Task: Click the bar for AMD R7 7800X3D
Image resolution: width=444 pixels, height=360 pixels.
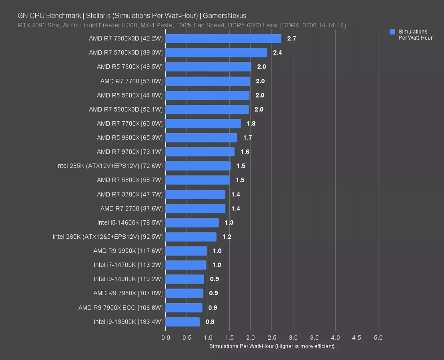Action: click(x=223, y=38)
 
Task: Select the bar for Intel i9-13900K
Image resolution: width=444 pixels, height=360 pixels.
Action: click(x=182, y=322)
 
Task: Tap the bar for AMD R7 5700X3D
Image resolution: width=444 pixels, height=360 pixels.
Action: click(x=216, y=53)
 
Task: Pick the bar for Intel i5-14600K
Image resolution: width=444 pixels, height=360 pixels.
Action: click(x=192, y=222)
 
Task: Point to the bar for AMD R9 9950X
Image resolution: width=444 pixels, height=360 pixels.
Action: click(x=186, y=251)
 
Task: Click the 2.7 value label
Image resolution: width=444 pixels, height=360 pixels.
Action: click(x=291, y=39)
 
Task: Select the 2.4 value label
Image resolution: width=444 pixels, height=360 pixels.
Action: click(x=277, y=53)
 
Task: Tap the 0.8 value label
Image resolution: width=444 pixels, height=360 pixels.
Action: click(x=210, y=322)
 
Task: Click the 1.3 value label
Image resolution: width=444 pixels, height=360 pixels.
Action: click(x=229, y=223)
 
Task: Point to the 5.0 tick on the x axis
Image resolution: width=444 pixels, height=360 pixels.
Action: click(x=378, y=338)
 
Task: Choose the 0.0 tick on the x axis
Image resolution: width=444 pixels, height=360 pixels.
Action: click(x=165, y=338)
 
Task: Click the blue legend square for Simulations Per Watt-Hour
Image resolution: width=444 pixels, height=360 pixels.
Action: click(x=392, y=32)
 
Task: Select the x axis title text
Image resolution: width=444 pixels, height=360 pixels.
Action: click(x=271, y=346)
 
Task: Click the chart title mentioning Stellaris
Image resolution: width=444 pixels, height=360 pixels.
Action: click(x=132, y=16)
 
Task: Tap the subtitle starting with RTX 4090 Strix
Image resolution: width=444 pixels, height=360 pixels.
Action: click(x=182, y=25)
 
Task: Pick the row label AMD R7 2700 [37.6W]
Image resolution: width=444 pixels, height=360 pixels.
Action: click(x=131, y=208)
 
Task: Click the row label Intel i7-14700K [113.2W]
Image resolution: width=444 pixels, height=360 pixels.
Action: click(x=128, y=265)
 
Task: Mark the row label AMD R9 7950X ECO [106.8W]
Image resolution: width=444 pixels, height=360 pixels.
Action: click(x=121, y=308)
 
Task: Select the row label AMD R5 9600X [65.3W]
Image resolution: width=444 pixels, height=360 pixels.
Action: click(x=130, y=138)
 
